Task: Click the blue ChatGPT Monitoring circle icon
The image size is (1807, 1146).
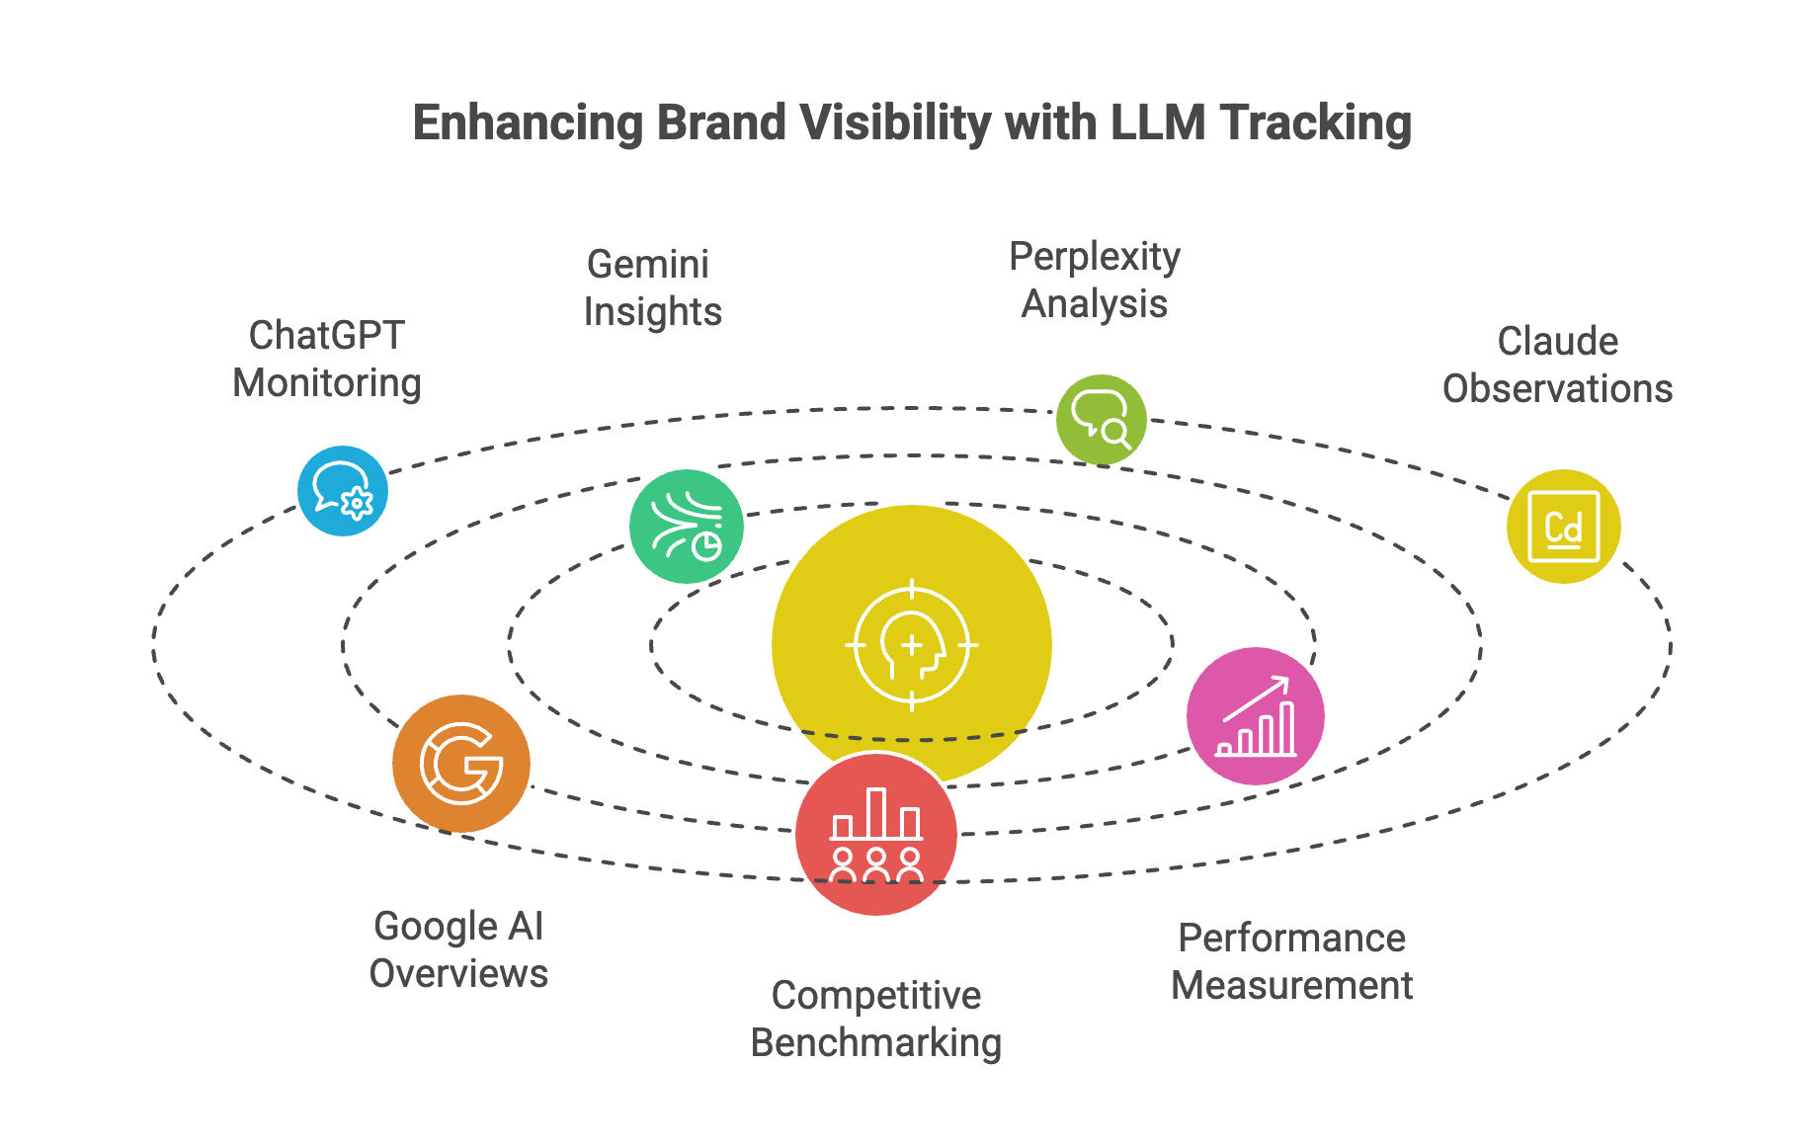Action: [343, 491]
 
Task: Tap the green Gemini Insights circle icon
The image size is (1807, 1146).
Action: [687, 527]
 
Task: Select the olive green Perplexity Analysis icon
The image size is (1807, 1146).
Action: [1101, 420]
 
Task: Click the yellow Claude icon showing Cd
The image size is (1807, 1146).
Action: [1563, 527]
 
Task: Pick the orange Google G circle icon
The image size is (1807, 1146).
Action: [461, 764]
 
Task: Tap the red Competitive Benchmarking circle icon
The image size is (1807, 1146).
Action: [876, 835]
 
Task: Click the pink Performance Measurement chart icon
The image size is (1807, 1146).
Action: [1255, 716]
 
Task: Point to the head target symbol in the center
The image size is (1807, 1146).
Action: [911, 645]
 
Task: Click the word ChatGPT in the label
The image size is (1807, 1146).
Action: [326, 336]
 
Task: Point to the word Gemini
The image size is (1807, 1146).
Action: [648, 265]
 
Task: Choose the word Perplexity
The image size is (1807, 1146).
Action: [1095, 257]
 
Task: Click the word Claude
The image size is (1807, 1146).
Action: [1557, 342]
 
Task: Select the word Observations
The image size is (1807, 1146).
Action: [1557, 389]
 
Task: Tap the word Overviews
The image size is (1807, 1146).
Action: [458, 974]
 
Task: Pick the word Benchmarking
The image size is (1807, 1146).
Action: [876, 1043]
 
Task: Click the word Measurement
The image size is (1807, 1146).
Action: [1291, 986]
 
